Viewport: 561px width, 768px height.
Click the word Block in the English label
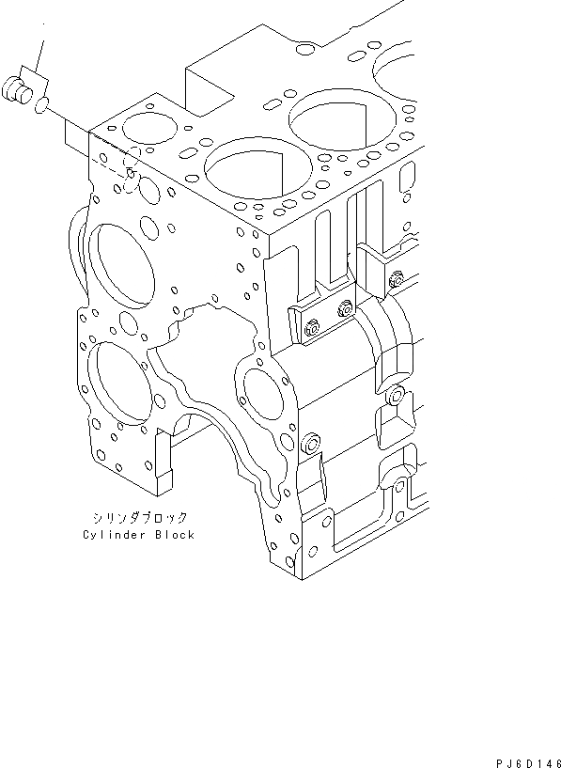pos(175,534)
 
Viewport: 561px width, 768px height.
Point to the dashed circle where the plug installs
pos(132,169)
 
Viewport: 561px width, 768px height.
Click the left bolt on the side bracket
pos(313,326)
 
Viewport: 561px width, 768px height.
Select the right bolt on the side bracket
pos(345,306)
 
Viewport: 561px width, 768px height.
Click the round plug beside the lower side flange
pos(311,442)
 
